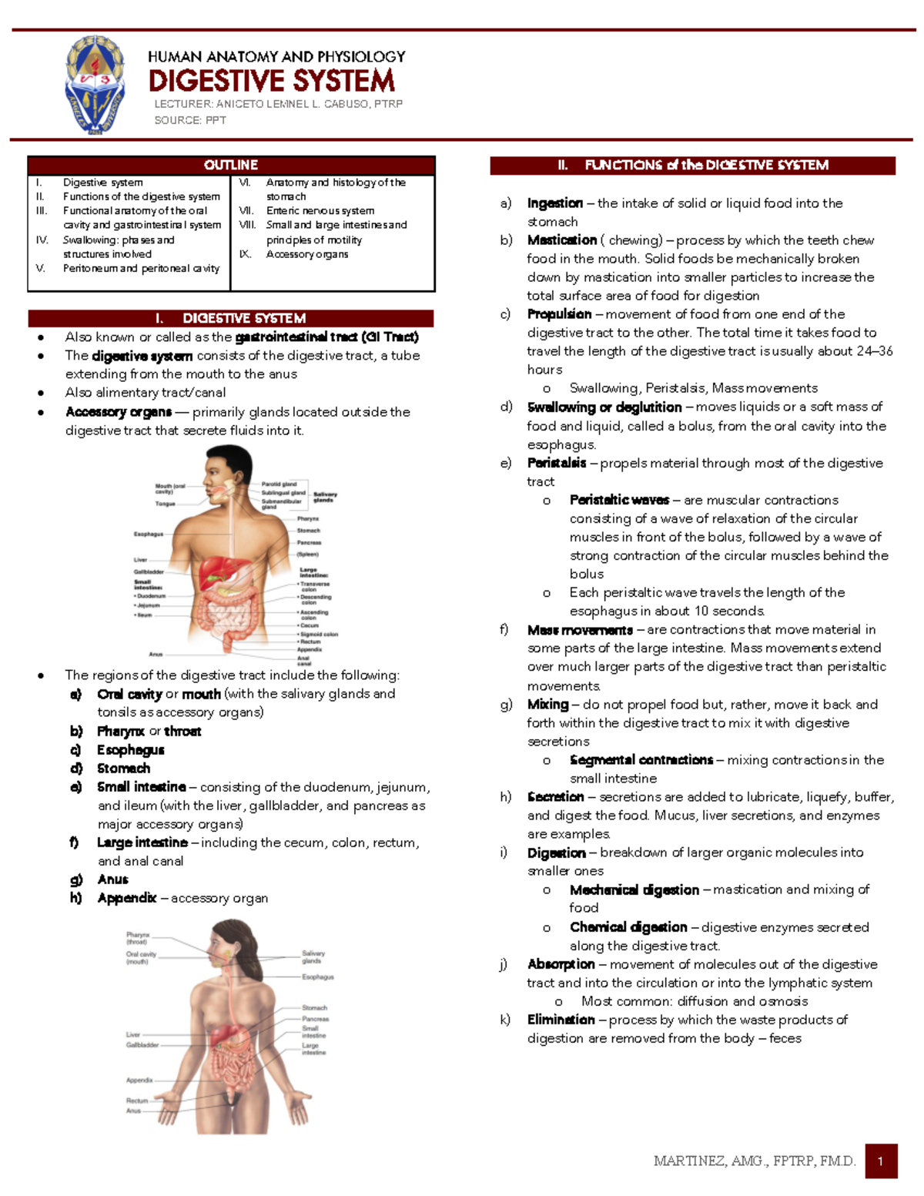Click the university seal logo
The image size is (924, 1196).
coord(95,85)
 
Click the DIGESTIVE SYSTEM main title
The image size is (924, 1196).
coord(271,81)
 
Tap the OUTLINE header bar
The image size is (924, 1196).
coord(231,165)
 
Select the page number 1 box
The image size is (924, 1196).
coord(881,1161)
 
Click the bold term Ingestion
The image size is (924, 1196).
coord(554,203)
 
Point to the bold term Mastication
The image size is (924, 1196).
coord(561,240)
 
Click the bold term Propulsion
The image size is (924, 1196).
coord(559,314)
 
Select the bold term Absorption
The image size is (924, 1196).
coord(561,964)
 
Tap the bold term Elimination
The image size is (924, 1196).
coord(561,1020)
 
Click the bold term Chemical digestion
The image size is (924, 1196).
coord(628,927)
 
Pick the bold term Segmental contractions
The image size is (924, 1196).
coord(641,760)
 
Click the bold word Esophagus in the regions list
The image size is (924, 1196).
coord(130,750)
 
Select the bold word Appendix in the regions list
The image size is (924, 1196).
coord(126,898)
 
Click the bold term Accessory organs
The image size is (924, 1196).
coord(119,412)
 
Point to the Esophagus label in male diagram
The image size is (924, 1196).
coord(149,534)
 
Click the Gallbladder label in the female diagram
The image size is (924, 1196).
coord(142,1045)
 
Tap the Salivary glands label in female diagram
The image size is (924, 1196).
coord(313,956)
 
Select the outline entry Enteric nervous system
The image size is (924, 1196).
coord(320,211)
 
